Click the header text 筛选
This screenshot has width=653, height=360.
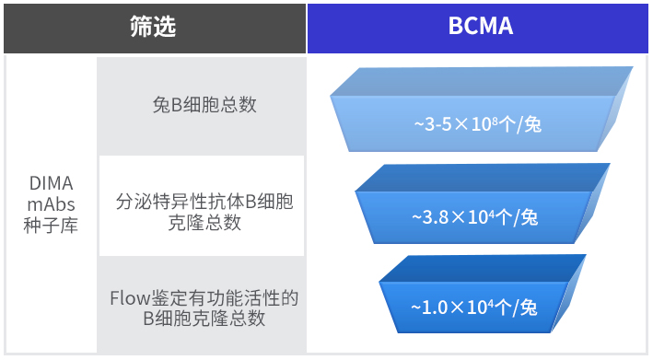tap(153, 26)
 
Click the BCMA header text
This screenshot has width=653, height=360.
tap(480, 26)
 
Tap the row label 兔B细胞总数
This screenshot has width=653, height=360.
tap(204, 104)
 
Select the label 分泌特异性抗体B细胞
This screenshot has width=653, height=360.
tap(204, 202)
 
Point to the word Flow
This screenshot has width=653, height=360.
tap(130, 298)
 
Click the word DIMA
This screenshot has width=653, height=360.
tap(52, 183)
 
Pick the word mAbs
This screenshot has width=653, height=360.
tap(52, 204)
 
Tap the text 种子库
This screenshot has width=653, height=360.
tap(51, 226)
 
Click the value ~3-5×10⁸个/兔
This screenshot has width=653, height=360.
tap(478, 124)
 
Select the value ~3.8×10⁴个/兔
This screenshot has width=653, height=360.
tap(474, 217)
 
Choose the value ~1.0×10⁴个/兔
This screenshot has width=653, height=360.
tap(474, 308)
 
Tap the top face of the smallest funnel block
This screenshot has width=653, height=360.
tap(483, 269)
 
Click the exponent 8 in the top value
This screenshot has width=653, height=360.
tap(495, 121)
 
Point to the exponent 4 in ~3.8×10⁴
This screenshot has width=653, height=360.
tap(492, 214)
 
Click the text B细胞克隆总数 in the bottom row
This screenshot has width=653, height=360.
tap(204, 319)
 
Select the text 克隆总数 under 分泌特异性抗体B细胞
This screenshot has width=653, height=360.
tap(204, 223)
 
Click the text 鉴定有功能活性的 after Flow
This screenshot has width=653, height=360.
tap(225, 298)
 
